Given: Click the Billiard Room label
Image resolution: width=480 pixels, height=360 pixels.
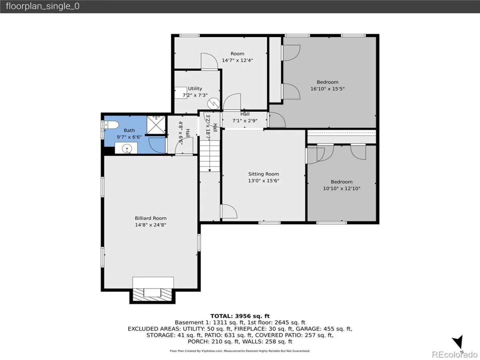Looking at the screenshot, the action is pyautogui.click(x=150, y=218).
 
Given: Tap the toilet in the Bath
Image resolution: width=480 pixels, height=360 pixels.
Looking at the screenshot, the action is pyautogui.click(x=112, y=125).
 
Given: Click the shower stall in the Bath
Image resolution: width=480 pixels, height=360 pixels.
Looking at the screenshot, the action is pyautogui.click(x=156, y=125).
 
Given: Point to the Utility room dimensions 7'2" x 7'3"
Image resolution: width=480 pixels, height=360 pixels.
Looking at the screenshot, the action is pyautogui.click(x=195, y=95).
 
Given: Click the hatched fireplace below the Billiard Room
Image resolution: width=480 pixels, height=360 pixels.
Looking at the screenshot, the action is pyautogui.click(x=152, y=295).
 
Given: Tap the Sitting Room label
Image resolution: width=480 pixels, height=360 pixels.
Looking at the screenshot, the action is pyautogui.click(x=264, y=174).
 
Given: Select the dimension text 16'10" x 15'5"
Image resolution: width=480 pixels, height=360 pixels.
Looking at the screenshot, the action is pyautogui.click(x=328, y=89).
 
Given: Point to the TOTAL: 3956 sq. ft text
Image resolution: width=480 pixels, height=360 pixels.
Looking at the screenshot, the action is pyautogui.click(x=240, y=316).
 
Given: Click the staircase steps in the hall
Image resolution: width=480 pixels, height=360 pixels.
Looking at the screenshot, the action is pyautogui.click(x=210, y=156).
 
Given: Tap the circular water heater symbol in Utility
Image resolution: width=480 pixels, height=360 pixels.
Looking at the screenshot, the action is pyautogui.click(x=214, y=104).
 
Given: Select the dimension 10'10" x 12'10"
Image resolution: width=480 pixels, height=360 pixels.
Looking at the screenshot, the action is pyautogui.click(x=342, y=188).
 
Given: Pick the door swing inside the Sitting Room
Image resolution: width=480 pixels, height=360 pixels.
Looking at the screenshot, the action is pyautogui.click(x=229, y=211).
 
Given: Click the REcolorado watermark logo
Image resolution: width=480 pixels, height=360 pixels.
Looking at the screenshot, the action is pyautogui.click(x=455, y=354).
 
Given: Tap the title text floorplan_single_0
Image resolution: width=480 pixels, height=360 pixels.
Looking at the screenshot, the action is pyautogui.click(x=43, y=6).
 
